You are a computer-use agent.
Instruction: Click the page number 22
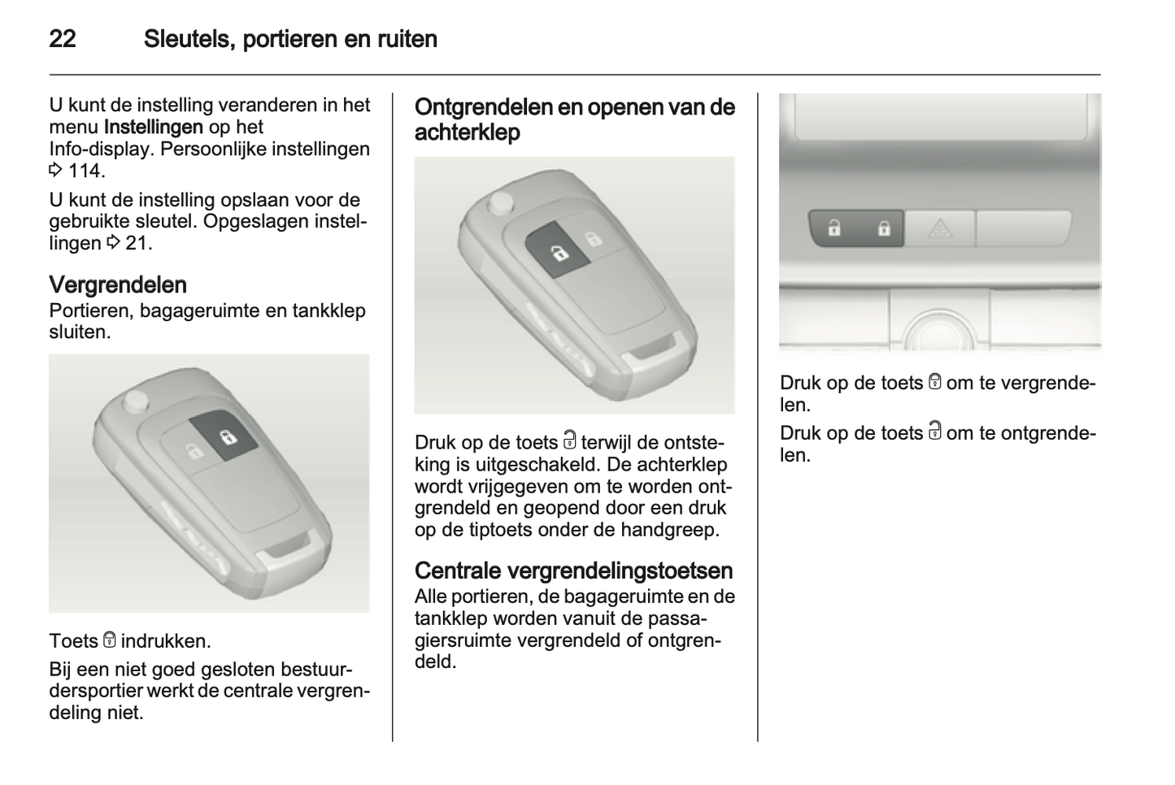point(63,39)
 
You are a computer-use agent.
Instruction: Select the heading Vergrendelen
point(118,284)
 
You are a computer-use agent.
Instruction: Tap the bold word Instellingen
point(154,127)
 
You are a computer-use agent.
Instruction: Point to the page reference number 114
point(86,171)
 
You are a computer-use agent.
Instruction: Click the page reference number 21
point(138,243)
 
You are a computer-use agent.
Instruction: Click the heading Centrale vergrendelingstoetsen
point(573,570)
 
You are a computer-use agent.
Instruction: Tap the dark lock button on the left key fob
point(224,436)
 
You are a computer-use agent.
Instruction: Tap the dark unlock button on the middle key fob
point(559,249)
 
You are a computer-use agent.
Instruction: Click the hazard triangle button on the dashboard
point(939,228)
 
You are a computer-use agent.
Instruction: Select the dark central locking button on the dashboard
point(856,228)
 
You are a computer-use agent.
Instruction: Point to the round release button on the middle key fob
point(500,203)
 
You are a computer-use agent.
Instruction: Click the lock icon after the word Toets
point(109,640)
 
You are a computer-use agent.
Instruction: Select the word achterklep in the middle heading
point(467,132)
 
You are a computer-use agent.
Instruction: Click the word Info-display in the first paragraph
point(102,149)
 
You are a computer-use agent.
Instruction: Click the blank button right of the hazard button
point(1022,228)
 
